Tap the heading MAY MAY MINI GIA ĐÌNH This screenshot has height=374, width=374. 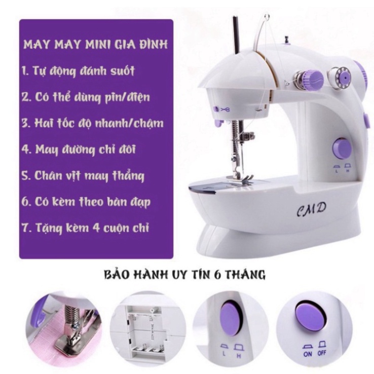click(95, 45)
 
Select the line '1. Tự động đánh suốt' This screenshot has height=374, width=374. click(78, 71)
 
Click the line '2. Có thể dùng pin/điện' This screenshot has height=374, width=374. click(86, 97)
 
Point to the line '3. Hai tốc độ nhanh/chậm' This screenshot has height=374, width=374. click(93, 123)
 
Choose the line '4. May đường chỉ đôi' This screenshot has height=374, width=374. click(79, 149)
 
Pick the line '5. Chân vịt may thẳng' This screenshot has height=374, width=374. click(83, 176)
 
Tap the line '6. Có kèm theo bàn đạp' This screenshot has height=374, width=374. click(86, 202)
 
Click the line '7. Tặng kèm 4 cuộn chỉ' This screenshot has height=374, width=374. click(85, 228)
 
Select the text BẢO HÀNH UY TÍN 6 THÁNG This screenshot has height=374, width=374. click(185, 275)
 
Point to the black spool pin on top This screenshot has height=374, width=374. click(236, 34)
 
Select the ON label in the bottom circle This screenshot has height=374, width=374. click(308, 354)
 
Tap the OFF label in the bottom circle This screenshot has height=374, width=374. click(322, 353)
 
